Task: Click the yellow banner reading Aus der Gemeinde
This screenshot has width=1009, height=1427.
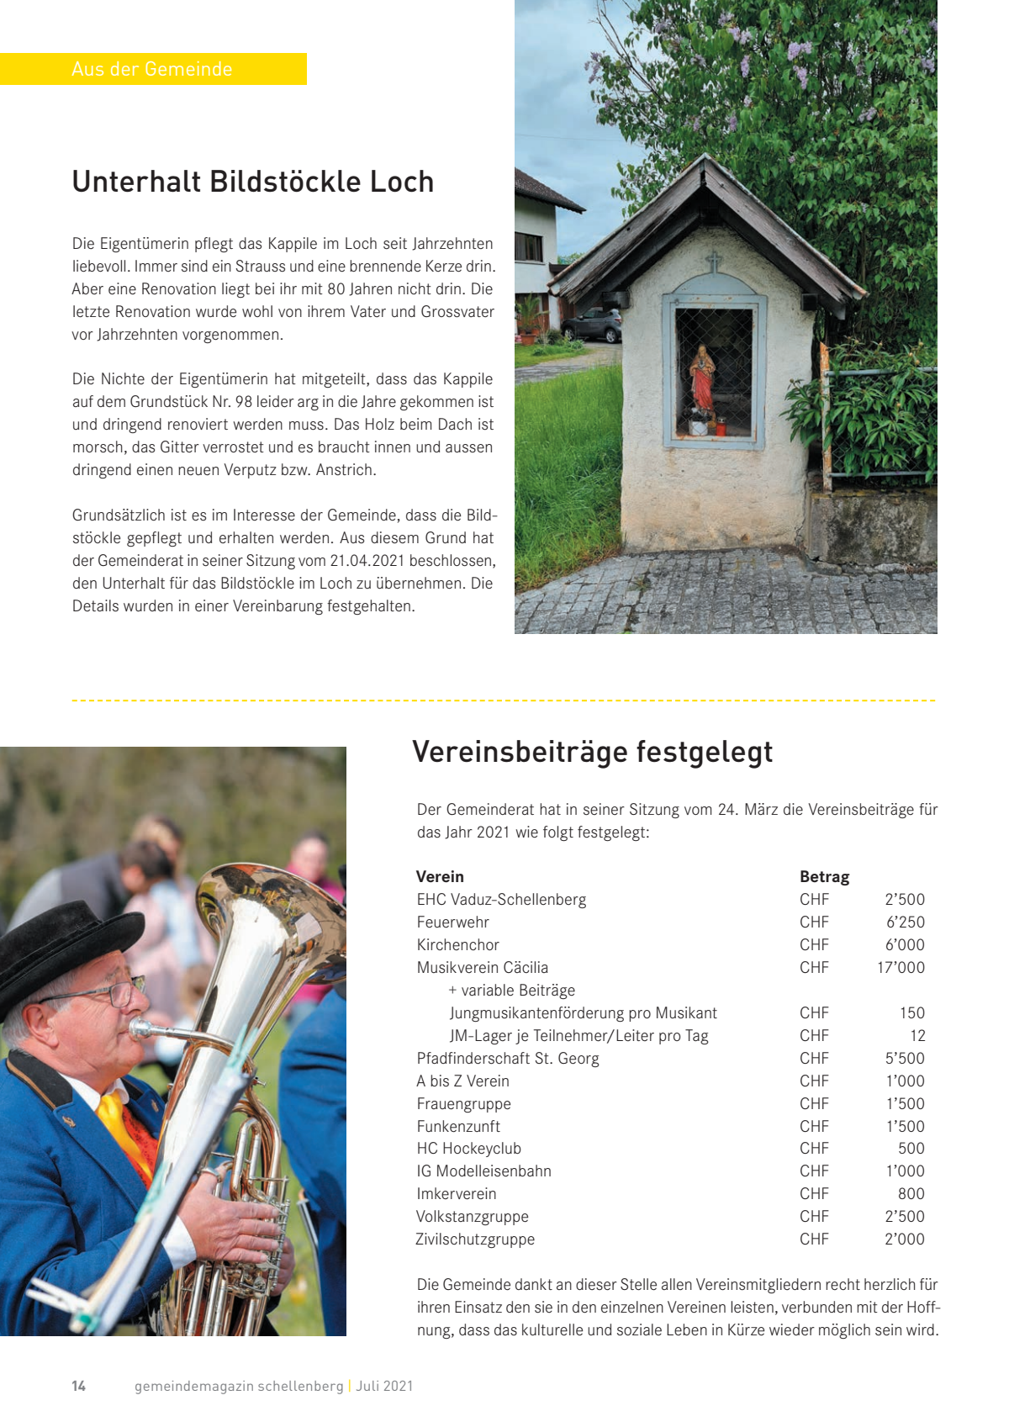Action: click(x=152, y=69)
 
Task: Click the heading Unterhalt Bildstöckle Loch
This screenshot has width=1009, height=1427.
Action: click(x=252, y=182)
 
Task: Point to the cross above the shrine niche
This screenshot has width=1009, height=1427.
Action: click(x=714, y=262)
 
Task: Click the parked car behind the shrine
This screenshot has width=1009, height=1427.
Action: click(x=592, y=325)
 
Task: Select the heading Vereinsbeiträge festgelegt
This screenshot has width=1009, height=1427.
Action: click(x=592, y=751)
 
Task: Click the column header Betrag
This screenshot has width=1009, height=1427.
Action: click(x=824, y=876)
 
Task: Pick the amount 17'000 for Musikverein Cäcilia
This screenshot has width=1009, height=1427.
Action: click(x=901, y=967)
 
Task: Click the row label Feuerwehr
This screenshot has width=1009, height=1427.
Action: click(x=452, y=922)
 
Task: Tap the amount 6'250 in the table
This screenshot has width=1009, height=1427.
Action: click(x=905, y=922)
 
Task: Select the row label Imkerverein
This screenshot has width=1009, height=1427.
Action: click(x=457, y=1193)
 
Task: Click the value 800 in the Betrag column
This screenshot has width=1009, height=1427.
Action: click(x=911, y=1193)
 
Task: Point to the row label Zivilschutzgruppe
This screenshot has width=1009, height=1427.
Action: click(x=475, y=1239)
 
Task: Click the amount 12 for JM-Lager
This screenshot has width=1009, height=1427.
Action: click(x=917, y=1035)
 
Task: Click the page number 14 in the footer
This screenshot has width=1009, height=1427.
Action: click(x=78, y=1386)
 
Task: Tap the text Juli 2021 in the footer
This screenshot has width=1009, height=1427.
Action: click(x=384, y=1386)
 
